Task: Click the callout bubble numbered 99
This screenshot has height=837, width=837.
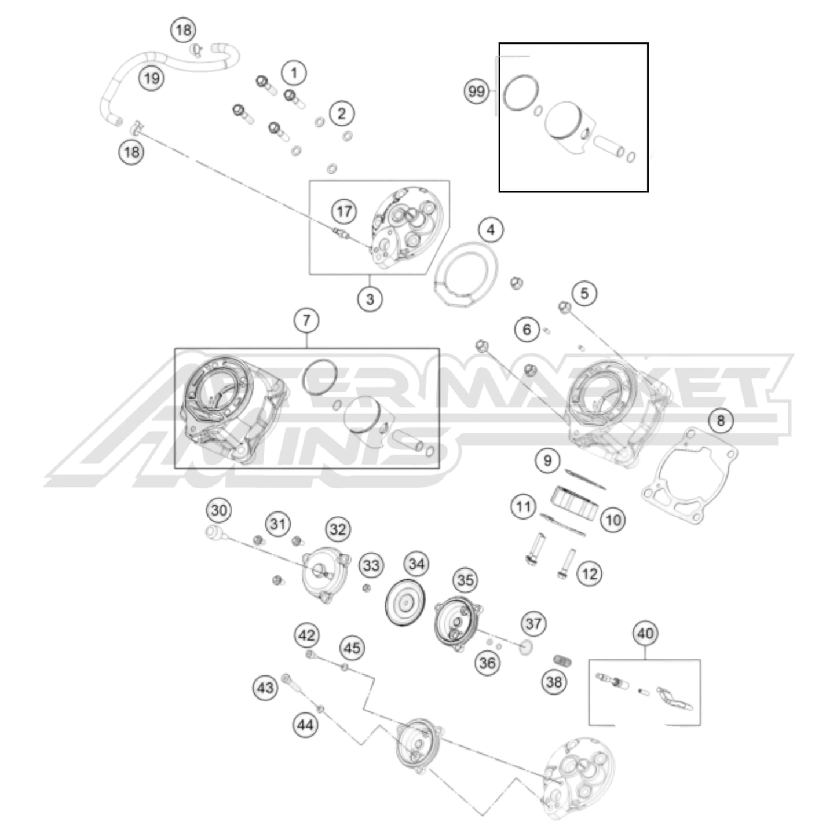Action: pos(477,92)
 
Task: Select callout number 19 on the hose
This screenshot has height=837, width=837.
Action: pos(151,78)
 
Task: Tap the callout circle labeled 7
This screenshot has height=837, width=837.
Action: pos(306,320)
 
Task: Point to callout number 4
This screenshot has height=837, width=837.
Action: pos(491,230)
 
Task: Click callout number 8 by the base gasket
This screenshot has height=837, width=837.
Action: pos(721,420)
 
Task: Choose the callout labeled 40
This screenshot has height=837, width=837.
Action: pos(645,633)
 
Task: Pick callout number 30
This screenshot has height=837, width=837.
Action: pos(219,511)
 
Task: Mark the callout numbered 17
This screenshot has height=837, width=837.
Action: pos(344,211)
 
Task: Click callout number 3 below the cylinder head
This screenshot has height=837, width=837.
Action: pos(370,299)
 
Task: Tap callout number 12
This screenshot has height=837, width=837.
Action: pos(589,574)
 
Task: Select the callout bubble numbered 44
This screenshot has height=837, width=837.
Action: pos(306,724)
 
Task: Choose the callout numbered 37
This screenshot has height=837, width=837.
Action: pos(533,623)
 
